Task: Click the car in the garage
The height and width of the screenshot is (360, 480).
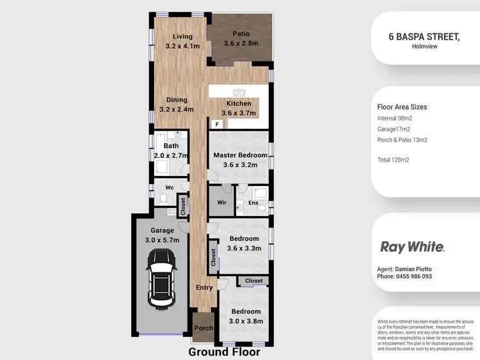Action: click(x=161, y=278)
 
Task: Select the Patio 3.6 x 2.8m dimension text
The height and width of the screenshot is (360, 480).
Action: click(x=241, y=43)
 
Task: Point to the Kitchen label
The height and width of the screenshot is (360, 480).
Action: click(x=239, y=104)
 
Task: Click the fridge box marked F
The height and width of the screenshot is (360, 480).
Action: click(x=217, y=123)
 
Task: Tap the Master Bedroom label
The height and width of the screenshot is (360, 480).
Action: click(x=240, y=155)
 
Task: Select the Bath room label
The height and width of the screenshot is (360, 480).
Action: click(x=162, y=146)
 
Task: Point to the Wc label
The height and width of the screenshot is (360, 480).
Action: click(x=170, y=187)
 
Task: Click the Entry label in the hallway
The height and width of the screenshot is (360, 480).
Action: click(x=204, y=288)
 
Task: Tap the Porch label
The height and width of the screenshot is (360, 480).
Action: click(x=204, y=329)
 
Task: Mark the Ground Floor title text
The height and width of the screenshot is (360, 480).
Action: click(x=224, y=352)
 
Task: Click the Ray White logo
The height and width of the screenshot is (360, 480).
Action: click(x=412, y=247)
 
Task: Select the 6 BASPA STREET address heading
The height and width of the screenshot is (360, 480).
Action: click(x=424, y=37)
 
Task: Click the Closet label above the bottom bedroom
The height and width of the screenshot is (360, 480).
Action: click(x=253, y=281)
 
